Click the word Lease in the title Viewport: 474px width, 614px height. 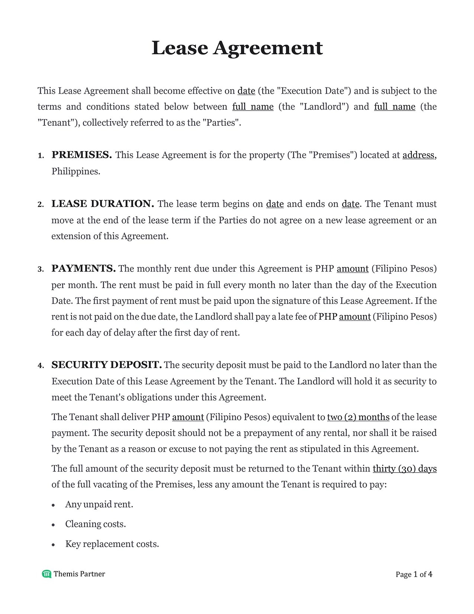coord(180,48)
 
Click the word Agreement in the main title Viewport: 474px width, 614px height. coord(268,48)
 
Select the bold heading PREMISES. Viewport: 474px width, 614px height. coord(81,155)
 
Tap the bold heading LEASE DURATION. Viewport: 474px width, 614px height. coord(103,204)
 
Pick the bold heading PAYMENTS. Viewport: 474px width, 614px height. coord(83,269)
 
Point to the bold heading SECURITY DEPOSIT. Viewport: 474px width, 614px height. coord(106,365)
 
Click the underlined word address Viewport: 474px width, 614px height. coord(418,155)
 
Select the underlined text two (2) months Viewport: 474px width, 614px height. coord(358,417)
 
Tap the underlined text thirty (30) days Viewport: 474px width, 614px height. coord(404,469)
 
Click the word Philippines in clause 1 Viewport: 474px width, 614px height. coord(75,172)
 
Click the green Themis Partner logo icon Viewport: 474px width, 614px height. coord(46,574)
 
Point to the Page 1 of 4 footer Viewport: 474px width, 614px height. coord(414,574)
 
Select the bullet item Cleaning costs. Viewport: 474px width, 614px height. coord(96,524)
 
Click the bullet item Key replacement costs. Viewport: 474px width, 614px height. coord(112,544)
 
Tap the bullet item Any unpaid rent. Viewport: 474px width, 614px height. coord(99,504)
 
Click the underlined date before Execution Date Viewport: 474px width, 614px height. coord(246,91)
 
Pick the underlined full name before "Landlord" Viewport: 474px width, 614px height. coord(253,107)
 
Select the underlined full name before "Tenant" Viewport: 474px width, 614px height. coord(394,107)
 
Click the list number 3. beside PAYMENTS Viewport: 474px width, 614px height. coord(41,269)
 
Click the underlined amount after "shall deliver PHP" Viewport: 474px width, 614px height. coord(188,417)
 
